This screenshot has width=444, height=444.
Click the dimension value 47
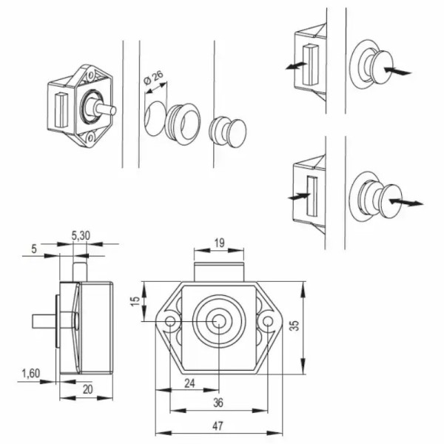pyautogui.click(x=218, y=425)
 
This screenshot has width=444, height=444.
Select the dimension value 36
pyautogui.click(x=218, y=403)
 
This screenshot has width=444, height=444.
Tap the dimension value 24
pyautogui.click(x=189, y=383)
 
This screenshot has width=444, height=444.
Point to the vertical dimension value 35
pyautogui.click(x=295, y=326)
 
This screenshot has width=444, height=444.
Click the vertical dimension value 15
pyautogui.click(x=135, y=300)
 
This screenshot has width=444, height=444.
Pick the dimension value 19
pyautogui.click(x=220, y=243)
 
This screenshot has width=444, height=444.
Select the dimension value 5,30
pyautogui.click(x=81, y=235)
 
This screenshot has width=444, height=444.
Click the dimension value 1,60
pyautogui.click(x=31, y=373)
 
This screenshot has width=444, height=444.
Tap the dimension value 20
pyautogui.click(x=87, y=389)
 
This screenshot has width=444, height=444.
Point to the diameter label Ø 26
pyautogui.click(x=153, y=78)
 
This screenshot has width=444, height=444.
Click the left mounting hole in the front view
pyautogui.click(x=170, y=321)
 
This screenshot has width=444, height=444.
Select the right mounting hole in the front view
pyautogui.click(x=268, y=321)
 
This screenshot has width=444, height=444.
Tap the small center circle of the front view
pyautogui.click(x=218, y=321)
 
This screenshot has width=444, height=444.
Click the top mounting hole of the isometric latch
pyautogui.click(x=90, y=75)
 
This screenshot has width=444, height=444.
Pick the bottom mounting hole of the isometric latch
pyautogui.click(x=90, y=138)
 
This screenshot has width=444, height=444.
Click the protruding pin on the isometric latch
pyautogui.click(x=106, y=110)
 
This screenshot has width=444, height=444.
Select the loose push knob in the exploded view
pyautogui.click(x=228, y=132)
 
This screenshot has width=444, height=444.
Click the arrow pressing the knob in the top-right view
pyautogui.click(x=398, y=71)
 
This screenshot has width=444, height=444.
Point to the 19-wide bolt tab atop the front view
pyautogui.click(x=219, y=272)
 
